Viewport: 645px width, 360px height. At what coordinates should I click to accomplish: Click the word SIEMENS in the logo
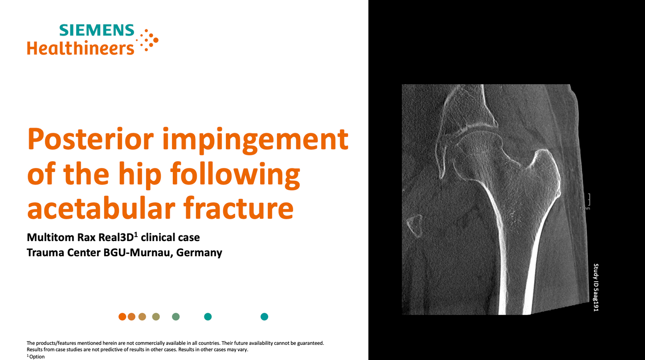[x=97, y=30]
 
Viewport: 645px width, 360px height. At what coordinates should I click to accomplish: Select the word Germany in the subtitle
[x=199, y=253]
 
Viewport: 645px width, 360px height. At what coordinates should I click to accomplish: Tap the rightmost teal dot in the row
[x=264, y=317]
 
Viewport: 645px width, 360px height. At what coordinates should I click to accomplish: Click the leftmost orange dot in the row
[x=122, y=317]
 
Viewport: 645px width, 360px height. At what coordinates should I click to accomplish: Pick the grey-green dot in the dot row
[x=176, y=317]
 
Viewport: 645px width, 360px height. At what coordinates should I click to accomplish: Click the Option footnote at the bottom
[x=37, y=356]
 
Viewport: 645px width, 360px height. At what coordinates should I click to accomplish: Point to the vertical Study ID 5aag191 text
[x=596, y=287]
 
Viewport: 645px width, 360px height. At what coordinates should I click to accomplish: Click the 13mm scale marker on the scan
[x=585, y=208]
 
